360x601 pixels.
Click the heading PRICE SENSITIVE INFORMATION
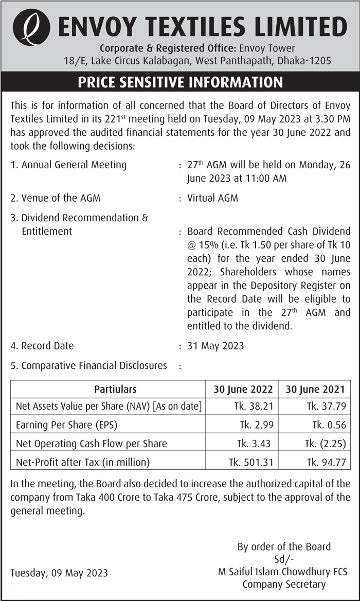coord(180,82)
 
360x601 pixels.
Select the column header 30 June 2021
coord(315,389)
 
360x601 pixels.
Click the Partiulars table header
coord(115,389)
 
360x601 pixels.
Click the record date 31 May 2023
coord(215,346)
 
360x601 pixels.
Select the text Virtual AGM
coord(212,198)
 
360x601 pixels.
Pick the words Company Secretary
coord(284,584)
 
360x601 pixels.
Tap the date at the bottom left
coord(59,573)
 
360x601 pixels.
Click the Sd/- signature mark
coord(284,559)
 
